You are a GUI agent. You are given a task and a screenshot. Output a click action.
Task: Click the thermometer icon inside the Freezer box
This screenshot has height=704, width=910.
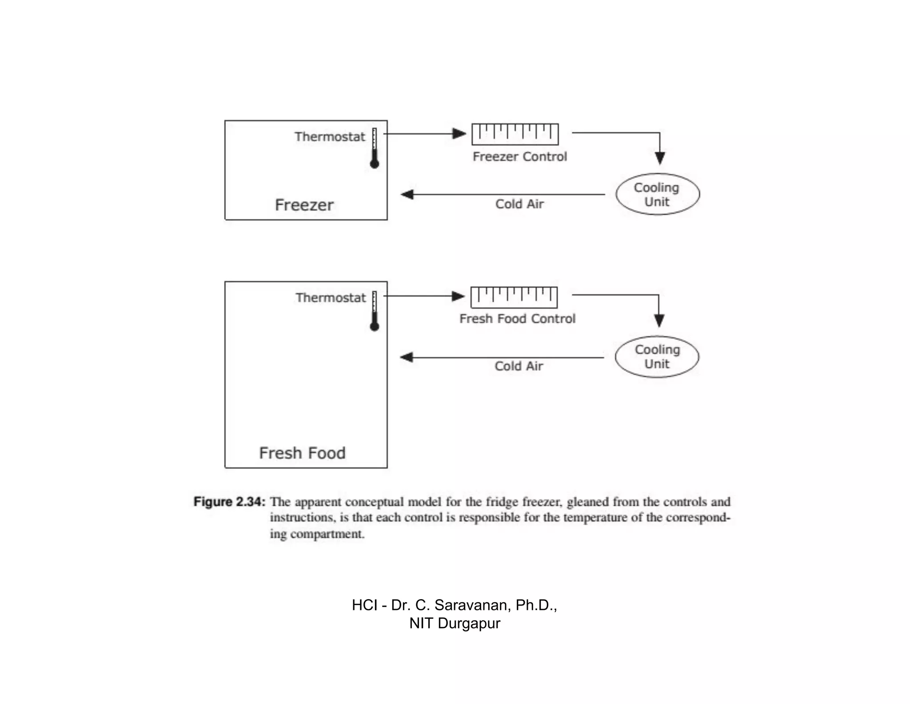coord(375,149)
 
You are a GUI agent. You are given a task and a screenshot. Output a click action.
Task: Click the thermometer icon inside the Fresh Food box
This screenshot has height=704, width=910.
coord(375,311)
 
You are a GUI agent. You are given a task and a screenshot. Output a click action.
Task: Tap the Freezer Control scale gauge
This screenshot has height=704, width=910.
coord(515,134)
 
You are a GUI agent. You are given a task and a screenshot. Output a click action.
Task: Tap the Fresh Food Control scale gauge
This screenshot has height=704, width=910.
coord(514,297)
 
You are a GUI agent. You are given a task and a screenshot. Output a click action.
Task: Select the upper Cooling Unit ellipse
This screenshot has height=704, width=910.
coord(658,194)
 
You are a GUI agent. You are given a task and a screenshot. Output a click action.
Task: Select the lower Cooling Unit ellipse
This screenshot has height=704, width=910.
coord(657,357)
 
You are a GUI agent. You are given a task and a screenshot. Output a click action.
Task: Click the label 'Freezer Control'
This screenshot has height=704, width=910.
coord(520,157)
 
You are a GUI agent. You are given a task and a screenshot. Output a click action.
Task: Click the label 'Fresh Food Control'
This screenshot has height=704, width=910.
coord(518,319)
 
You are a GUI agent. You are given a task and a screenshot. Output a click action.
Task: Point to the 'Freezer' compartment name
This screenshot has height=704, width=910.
coord(304,205)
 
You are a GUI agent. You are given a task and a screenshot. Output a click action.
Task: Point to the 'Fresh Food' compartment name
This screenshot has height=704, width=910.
coord(303,453)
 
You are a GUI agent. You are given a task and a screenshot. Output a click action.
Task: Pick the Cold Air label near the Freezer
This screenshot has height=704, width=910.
coord(519,204)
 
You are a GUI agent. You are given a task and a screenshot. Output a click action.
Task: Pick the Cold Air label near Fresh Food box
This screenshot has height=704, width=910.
coord(519,366)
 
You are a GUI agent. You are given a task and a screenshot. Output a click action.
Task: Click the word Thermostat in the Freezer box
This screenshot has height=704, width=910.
coord(330,137)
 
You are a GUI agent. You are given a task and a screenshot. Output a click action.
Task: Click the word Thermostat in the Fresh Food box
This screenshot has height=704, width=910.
coord(331,298)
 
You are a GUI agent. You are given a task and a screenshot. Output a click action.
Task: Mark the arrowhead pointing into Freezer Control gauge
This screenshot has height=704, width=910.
coord(459,133)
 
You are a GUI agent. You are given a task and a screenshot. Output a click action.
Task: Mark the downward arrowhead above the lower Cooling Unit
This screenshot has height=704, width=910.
coord(659,320)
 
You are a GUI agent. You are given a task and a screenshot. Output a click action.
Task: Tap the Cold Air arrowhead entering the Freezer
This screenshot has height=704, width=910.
coord(407,194)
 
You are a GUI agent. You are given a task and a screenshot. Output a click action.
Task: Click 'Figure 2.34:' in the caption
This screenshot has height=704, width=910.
coord(229,502)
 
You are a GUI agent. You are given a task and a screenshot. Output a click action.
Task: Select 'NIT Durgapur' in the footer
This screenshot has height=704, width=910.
coord(455,623)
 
